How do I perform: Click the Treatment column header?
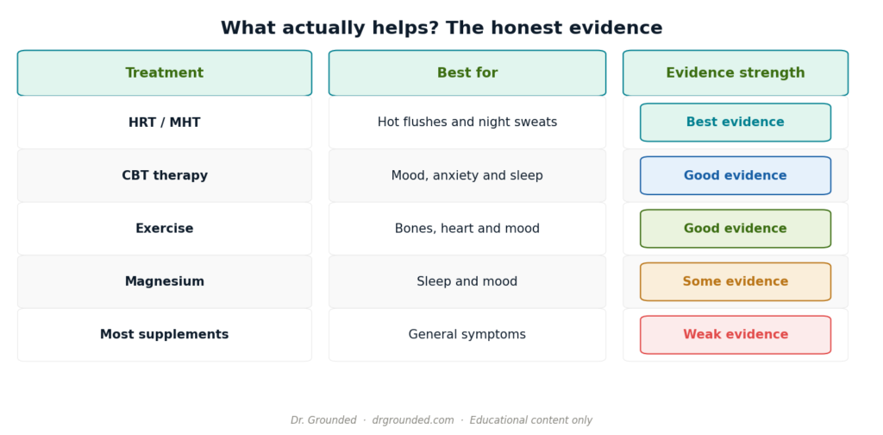165,73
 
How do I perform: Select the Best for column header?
467,73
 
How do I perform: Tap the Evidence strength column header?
736,73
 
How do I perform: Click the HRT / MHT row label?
165,123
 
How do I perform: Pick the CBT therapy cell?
165,176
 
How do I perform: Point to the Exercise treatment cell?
165,229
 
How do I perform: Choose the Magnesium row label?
165,281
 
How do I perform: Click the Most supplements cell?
165,335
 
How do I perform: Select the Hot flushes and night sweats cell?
467,123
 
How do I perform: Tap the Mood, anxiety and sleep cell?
467,176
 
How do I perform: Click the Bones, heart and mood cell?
467,229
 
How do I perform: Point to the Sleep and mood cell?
467,281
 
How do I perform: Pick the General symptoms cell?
467,335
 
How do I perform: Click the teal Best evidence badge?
736,123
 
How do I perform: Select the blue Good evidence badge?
736,176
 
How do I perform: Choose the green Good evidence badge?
736,229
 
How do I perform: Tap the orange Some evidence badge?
736,281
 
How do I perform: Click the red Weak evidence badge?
736,335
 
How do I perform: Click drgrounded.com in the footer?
413,420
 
